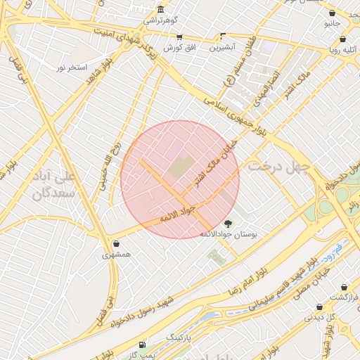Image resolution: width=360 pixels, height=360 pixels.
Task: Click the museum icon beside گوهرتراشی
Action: pos(162,9)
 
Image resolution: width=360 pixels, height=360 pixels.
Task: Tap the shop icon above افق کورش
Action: pos(179,37)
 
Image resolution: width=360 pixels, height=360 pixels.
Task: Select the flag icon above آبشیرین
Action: pos(224,36)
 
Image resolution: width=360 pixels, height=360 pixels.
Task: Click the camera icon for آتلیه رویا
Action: pos(331,40)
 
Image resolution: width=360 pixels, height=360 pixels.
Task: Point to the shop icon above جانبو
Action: pos(332,13)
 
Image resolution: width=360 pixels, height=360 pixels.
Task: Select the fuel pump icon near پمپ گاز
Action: pos(143,345)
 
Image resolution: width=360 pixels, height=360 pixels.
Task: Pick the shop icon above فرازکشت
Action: pos(344,287)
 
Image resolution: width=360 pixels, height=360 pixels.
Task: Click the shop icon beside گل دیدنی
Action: pos(321,307)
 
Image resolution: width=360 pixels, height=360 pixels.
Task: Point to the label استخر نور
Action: pos(72,67)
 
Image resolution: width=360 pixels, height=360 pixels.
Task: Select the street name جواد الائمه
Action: pos(176,214)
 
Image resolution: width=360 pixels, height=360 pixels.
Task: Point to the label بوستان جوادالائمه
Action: pos(229,233)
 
